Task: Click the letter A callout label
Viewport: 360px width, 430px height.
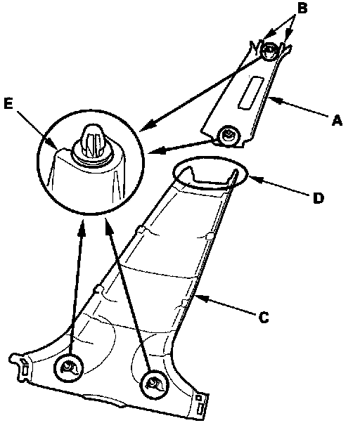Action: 337,120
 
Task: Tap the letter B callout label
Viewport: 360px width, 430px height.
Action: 302,8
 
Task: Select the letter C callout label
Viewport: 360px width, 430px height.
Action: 264,318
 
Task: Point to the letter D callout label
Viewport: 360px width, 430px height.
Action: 319,198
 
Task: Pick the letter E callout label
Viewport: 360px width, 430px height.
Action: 8,104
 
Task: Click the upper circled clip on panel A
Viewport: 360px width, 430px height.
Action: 269,51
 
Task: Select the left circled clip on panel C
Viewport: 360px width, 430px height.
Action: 69,367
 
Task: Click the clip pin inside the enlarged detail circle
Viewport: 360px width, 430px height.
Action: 93,140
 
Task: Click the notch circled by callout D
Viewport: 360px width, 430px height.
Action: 211,177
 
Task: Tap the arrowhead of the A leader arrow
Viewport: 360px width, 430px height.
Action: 274,99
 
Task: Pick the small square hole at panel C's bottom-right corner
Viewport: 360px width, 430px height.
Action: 200,397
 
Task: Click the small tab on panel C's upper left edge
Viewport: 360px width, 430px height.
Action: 140,229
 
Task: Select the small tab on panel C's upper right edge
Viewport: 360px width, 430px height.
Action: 210,236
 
